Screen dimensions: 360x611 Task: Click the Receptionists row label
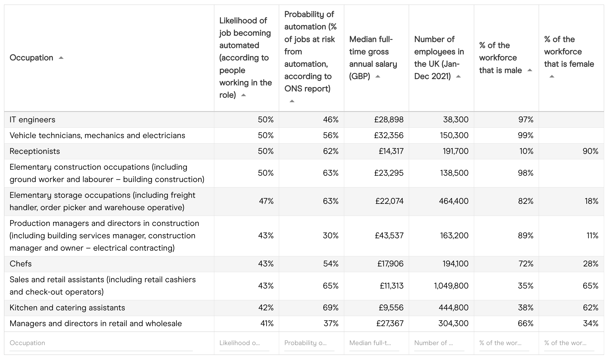(35, 151)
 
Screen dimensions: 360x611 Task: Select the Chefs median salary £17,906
(390, 264)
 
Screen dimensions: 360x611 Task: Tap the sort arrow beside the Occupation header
(61, 58)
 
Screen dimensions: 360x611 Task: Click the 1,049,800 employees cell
(451, 286)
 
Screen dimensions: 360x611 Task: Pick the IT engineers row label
(32, 120)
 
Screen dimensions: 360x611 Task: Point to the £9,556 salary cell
(391, 308)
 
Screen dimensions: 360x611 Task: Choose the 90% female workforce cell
(590, 151)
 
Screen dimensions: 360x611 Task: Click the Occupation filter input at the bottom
(100, 343)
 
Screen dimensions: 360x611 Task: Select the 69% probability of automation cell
(331, 308)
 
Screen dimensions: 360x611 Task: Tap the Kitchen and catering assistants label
(67, 308)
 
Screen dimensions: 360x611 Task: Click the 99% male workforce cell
(526, 136)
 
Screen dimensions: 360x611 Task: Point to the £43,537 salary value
(389, 236)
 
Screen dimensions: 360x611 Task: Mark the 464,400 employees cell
(454, 201)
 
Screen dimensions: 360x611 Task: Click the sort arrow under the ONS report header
(292, 101)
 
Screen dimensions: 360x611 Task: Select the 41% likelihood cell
(267, 324)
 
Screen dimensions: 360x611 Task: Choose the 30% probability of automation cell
(331, 236)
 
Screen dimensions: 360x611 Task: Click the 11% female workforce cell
(592, 236)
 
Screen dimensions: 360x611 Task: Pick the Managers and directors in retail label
(96, 324)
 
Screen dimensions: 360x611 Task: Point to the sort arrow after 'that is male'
(530, 70)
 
